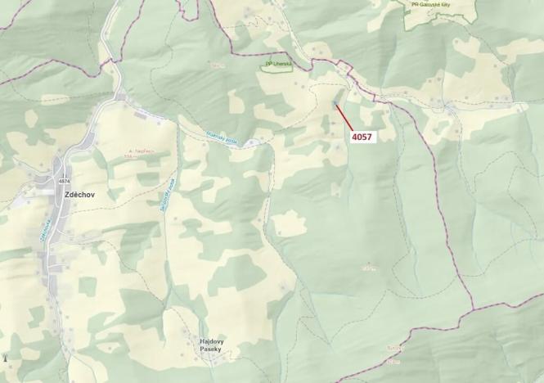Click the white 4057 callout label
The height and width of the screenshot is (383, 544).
click(x=362, y=137)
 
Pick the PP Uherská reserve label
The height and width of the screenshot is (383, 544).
click(x=276, y=63)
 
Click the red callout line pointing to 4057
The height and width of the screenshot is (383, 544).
click(x=343, y=119)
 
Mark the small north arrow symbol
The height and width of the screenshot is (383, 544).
click(x=7, y=358)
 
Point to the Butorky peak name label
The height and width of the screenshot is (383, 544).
click(x=395, y=347)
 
